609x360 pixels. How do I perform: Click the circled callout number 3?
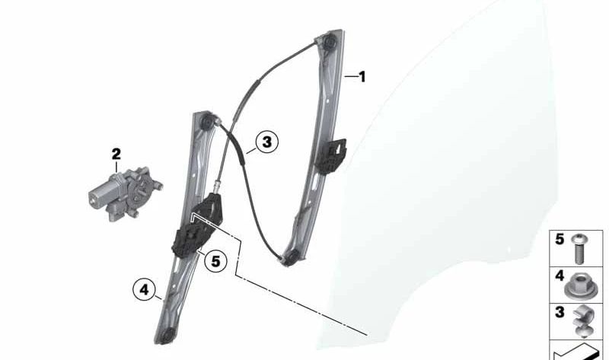point(267,142)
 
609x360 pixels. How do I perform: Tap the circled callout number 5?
point(215,261)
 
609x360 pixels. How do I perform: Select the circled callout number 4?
point(144,290)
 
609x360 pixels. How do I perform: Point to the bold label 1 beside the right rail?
point(362,77)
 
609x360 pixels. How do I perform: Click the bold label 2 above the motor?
point(116,155)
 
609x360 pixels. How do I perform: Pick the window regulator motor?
point(124,193)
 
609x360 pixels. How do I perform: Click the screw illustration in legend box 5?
point(580,249)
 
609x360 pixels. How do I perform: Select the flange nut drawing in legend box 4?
point(579,286)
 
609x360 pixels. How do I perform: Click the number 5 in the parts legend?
point(560,239)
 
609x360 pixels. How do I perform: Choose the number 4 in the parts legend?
point(560,276)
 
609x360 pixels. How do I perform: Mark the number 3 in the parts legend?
point(560,312)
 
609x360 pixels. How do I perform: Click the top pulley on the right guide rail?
point(330,41)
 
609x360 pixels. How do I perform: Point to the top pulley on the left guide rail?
point(206,122)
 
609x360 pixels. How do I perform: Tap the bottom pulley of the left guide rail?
point(167,336)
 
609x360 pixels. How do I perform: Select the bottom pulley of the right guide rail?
point(292,256)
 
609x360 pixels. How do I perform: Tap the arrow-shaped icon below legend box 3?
point(577,352)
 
